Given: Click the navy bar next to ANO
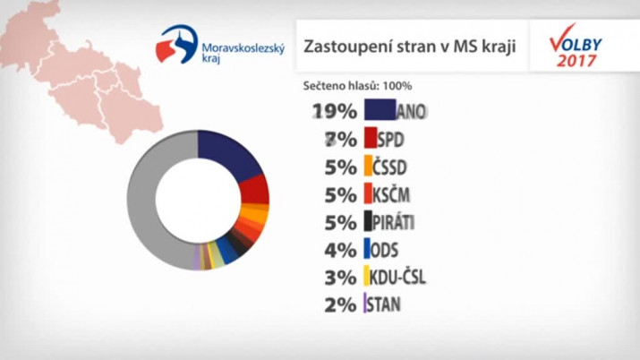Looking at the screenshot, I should point(382,111).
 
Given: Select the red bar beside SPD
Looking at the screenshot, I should point(371,139).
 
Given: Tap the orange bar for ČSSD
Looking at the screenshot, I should point(370,166).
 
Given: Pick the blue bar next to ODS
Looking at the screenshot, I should point(368,249).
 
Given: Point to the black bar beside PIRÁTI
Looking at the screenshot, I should point(369,221).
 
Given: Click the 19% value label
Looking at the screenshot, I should point(335,112).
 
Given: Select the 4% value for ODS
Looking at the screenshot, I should point(341,250).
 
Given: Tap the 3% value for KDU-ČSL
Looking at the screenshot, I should point(341,277).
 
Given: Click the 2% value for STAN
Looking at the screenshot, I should point(341,304).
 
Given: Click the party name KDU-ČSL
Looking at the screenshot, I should point(398,277).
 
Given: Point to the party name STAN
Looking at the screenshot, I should point(384,304).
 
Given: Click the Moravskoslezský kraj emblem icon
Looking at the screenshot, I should point(176,45).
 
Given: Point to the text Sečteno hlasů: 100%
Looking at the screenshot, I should point(358,86).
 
